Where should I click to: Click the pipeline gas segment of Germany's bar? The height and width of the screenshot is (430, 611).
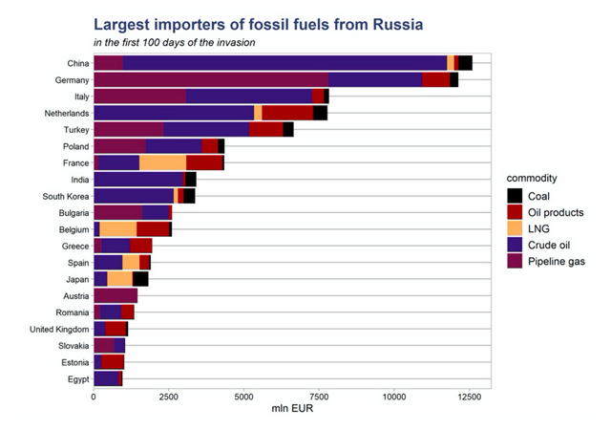210,79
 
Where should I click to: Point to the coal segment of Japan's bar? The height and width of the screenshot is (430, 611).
140,278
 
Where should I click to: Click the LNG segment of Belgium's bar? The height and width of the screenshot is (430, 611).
117,229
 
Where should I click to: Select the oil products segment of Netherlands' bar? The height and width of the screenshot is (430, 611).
287,113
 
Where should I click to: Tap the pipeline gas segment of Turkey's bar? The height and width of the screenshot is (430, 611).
128,129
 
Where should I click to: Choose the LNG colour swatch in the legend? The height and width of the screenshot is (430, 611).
516,228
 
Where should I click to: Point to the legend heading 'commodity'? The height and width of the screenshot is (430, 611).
533,178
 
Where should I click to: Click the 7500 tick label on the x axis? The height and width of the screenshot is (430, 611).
319,396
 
